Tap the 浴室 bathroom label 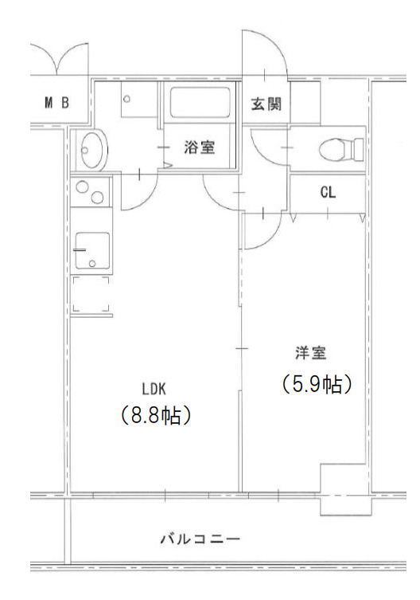198,147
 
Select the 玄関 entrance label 266,103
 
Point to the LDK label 154,390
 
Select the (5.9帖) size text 316,384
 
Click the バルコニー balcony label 200,539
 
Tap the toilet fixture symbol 339,148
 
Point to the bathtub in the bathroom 199,104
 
